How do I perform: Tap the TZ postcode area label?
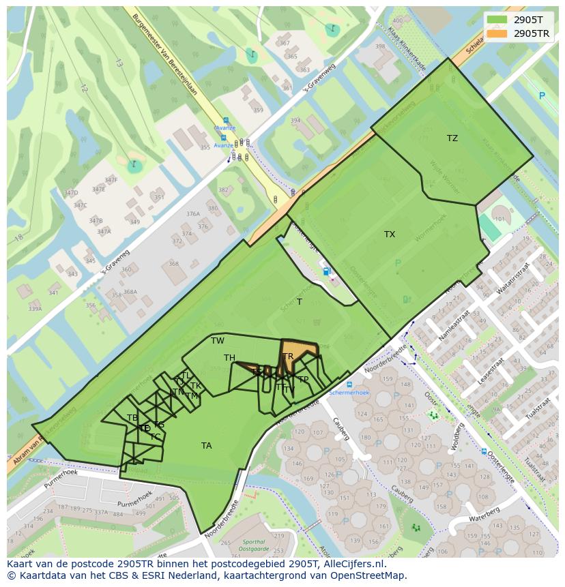pyautogui.click(x=452, y=138)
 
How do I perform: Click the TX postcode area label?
pyautogui.click(x=390, y=235)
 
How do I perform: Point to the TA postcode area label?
pyautogui.click(x=206, y=446)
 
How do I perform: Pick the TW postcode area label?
pyautogui.click(x=218, y=341)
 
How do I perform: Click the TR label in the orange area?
pyautogui.click(x=288, y=357)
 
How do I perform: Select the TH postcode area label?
pyautogui.click(x=229, y=358)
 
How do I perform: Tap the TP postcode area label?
pyautogui.click(x=303, y=380)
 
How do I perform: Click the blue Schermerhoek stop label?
pyautogui.click(x=349, y=393)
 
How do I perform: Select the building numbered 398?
pyautogui.click(x=380, y=47)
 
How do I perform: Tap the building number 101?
pyautogui.click(x=499, y=219)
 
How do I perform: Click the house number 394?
pyautogui.click(x=295, y=121)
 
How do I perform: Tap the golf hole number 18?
pyautogui.click(x=19, y=237)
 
